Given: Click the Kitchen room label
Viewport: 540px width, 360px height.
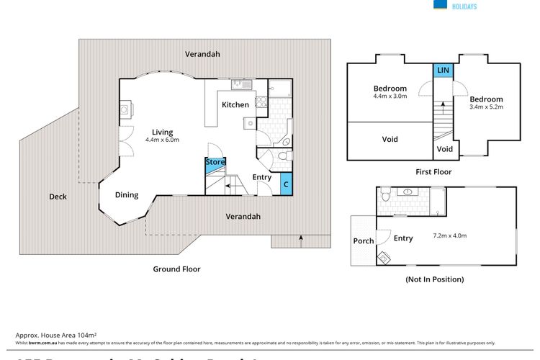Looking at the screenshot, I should point(235,105).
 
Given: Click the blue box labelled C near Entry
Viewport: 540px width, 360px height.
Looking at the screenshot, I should point(286,184).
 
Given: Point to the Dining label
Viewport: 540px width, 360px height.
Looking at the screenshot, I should point(127,195).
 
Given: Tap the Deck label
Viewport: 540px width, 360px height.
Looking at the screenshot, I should point(58,197).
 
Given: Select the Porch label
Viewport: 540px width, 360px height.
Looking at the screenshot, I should point(364,240).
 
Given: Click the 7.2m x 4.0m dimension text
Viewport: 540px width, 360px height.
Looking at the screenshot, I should point(450,235).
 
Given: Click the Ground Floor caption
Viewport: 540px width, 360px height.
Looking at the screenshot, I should point(176,269).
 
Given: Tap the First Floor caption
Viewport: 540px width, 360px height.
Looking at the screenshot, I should point(433,172).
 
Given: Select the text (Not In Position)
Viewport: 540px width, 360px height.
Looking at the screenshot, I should point(434,279).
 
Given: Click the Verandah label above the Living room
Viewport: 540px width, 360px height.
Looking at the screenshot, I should point(202,54).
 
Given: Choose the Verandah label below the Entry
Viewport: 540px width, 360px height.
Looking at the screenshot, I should point(243,216).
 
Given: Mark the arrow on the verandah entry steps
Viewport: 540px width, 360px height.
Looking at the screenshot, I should point(300,240).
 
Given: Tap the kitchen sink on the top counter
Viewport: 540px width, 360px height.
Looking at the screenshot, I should point(240,86).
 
